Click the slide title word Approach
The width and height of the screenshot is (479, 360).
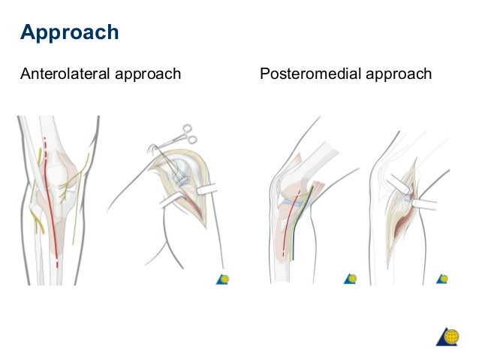click(69, 33)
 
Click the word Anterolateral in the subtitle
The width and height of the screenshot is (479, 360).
click(65, 74)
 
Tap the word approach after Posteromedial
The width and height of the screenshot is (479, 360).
click(401, 74)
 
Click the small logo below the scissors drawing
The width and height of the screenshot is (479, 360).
click(222, 279)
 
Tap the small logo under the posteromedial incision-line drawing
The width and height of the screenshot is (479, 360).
click(350, 279)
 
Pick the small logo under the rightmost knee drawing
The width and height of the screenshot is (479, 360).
click(442, 279)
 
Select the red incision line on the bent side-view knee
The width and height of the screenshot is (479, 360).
click(288, 225)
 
